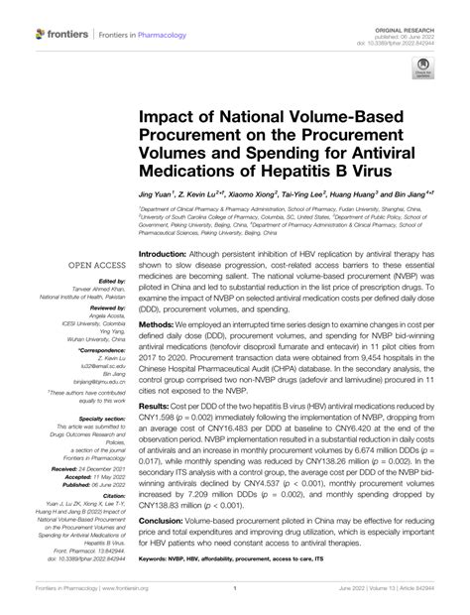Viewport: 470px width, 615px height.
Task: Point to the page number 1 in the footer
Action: click(235, 600)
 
